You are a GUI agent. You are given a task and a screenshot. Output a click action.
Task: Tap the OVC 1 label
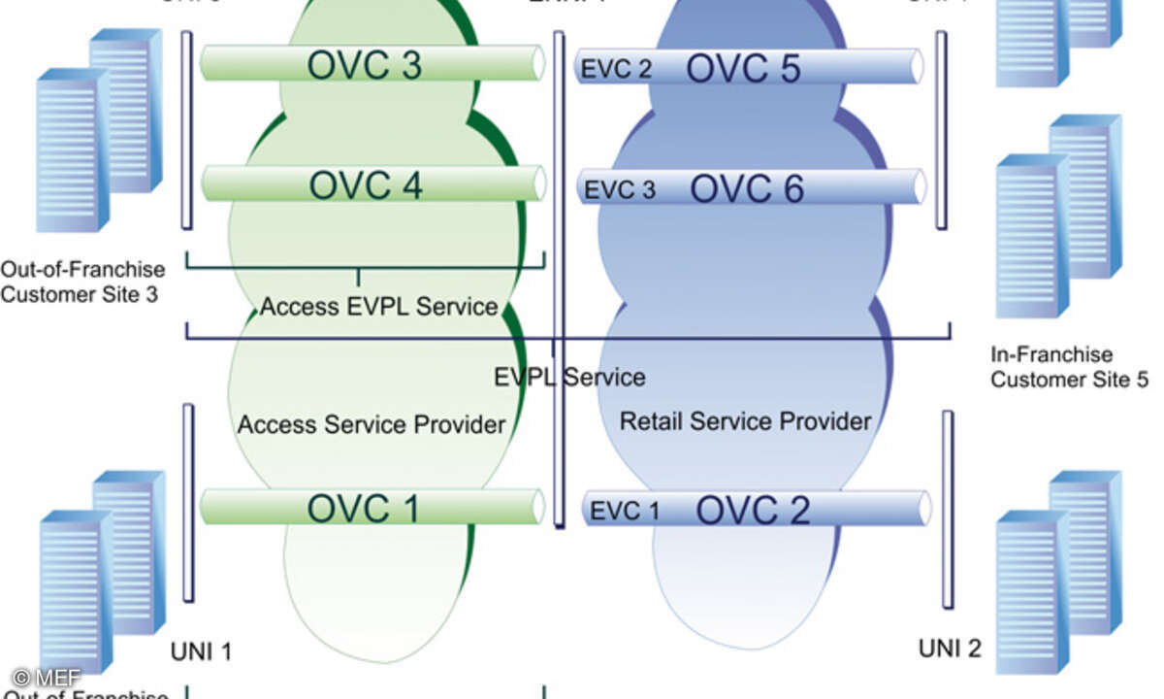click(x=364, y=508)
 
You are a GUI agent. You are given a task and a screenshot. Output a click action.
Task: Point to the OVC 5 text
click(x=744, y=68)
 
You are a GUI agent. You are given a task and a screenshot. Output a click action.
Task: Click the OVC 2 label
click(x=754, y=510)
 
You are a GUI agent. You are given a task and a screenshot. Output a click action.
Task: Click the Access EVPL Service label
click(x=378, y=308)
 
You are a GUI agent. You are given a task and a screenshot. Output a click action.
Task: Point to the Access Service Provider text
click(x=372, y=424)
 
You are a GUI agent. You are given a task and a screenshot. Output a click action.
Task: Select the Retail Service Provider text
click(x=745, y=421)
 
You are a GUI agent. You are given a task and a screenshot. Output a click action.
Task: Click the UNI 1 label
click(x=201, y=651)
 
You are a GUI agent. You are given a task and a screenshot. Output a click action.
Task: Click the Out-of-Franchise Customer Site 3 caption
click(x=82, y=281)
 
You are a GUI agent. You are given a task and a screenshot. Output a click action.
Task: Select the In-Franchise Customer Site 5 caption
click(x=1068, y=367)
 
